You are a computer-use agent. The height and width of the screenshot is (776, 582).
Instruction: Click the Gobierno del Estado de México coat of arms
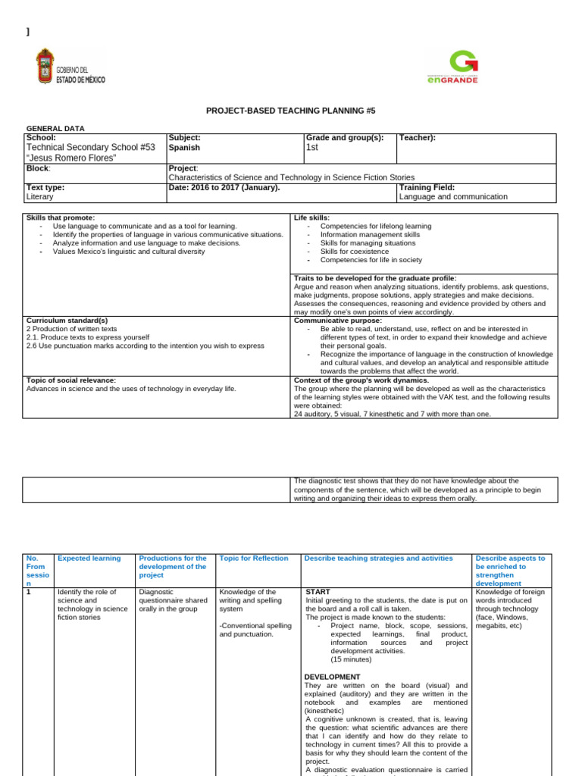point(45,66)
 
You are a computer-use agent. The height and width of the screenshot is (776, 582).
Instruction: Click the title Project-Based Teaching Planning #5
point(291,111)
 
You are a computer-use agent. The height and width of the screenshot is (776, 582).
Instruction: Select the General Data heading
point(56,129)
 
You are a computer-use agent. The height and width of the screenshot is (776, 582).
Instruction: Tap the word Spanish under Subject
point(184,148)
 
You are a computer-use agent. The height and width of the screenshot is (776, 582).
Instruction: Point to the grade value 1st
point(312,148)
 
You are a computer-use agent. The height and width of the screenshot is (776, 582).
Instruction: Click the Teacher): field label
point(417,138)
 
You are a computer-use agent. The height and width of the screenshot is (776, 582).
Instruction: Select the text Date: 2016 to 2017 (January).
point(224,187)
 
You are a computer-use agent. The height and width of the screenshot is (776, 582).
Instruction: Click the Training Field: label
point(426,187)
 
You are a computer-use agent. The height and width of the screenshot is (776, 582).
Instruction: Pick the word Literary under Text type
point(39,196)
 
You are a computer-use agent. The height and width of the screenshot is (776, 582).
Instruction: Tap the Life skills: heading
point(311,217)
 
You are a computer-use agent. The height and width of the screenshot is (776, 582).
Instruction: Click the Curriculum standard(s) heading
point(67,320)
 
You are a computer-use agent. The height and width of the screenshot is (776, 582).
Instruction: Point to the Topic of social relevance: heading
point(70,380)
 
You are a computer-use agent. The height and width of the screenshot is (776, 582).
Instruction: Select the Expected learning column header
point(89,559)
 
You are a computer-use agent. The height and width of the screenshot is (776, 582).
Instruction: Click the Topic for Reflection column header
point(253,559)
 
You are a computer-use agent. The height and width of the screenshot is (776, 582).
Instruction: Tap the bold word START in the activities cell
point(317,591)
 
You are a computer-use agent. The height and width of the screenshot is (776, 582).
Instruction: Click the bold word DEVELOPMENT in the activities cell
point(332,677)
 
